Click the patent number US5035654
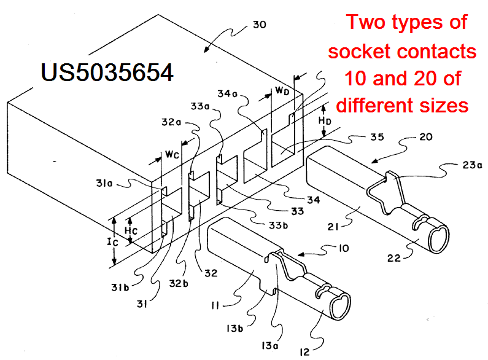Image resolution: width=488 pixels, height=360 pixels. point(107,72)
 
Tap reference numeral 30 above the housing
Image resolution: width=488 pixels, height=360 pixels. point(260,25)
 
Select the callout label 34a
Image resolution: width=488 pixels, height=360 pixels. point(227,93)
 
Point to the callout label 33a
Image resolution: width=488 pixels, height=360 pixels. point(200,106)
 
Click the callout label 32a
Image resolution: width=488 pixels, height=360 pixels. point(171,122)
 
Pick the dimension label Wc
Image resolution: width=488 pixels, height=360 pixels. point(172,154)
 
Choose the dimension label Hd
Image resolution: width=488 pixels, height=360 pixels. point(325,121)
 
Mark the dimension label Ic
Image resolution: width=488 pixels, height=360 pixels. point(113,241)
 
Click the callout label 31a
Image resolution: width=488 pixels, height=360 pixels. point(104,183)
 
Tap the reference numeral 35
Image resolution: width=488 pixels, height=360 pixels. point(377,137)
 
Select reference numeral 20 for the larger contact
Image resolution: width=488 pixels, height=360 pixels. point(426,137)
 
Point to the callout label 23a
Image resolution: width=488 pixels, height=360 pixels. point(472,165)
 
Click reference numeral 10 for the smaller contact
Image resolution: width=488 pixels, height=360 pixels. point(344,248)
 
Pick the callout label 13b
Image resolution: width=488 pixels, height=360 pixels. point(234,328)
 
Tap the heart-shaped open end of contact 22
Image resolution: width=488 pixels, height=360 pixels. point(439,238)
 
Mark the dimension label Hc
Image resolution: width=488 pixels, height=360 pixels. point(131,231)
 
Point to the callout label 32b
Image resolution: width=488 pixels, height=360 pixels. point(179,283)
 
